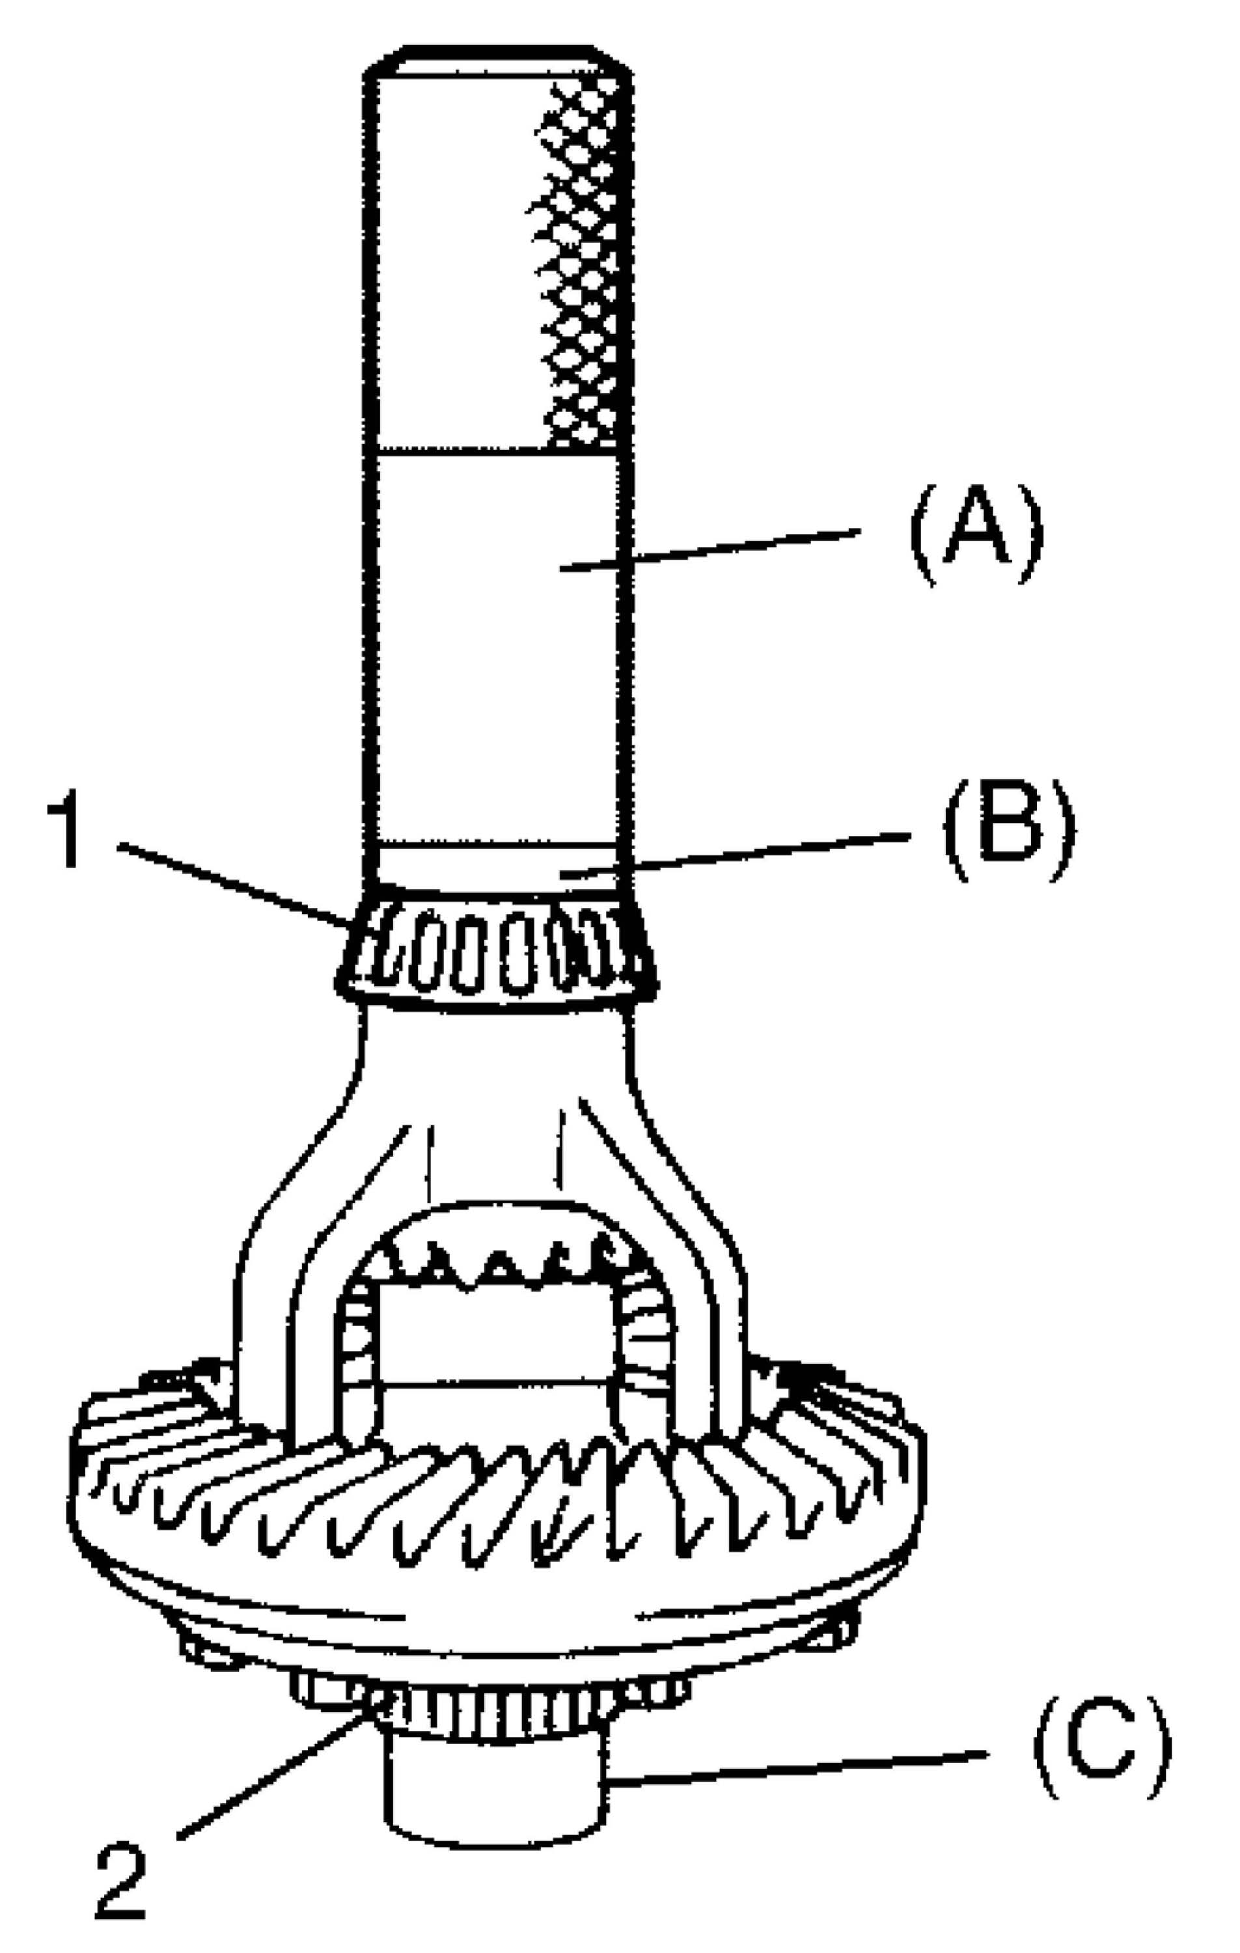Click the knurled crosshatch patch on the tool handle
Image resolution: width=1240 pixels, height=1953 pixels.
tap(580, 268)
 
